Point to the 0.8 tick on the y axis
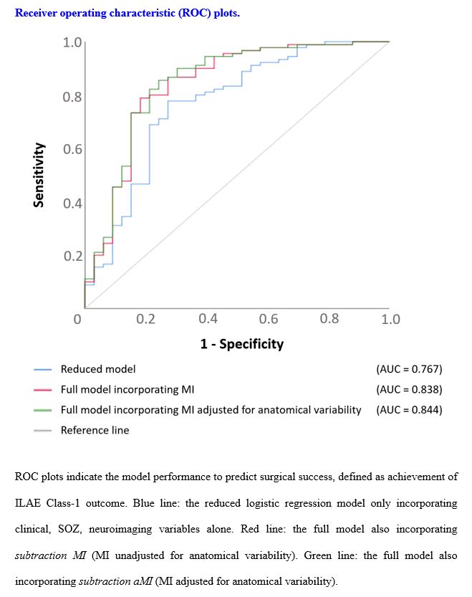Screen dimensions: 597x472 (x=72, y=97)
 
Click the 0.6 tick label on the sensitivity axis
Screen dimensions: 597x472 (x=72, y=150)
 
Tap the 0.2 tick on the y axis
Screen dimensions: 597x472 (x=72, y=256)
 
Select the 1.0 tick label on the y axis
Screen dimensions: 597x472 (x=72, y=43)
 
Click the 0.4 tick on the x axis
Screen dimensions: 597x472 (x=208, y=319)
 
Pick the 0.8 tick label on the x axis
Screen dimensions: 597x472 (x=329, y=319)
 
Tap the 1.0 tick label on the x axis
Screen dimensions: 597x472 (x=390, y=319)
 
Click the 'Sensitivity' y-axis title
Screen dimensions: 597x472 (x=39, y=175)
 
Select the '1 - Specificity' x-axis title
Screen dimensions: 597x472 (x=241, y=344)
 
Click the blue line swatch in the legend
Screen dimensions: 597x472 (x=43, y=370)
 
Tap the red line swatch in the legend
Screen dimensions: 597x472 (x=43, y=390)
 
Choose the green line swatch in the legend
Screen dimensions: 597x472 (x=43, y=411)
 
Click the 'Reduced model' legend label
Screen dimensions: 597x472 (x=98, y=369)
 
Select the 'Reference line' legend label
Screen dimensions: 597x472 (x=95, y=431)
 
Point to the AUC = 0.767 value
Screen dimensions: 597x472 (x=409, y=369)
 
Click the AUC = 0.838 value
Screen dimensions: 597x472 (x=409, y=390)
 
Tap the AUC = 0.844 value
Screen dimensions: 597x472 (x=409, y=410)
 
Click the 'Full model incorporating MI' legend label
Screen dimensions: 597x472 (x=127, y=390)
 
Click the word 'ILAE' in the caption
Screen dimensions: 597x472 (x=28, y=503)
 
